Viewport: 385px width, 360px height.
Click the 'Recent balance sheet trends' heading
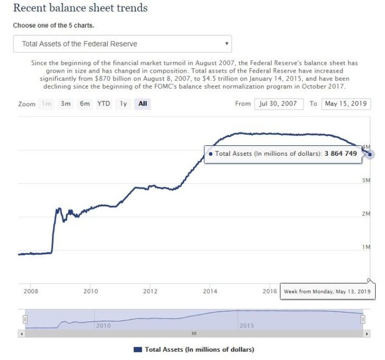pyautogui.click(x=80, y=8)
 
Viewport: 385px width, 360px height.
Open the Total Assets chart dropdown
pyautogui.click(x=122, y=43)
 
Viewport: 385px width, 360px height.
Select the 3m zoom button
pyautogui.click(x=65, y=103)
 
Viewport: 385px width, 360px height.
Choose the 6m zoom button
pyautogui.click(x=85, y=103)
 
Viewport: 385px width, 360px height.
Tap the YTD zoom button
pyautogui.click(x=103, y=103)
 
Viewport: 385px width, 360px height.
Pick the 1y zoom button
pyautogui.click(x=123, y=103)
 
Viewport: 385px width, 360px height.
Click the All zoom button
pyautogui.click(x=142, y=103)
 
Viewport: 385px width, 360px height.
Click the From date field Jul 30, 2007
pyautogui.click(x=278, y=103)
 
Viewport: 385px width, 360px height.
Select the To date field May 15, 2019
pyautogui.click(x=346, y=103)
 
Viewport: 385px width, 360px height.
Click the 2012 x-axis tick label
pyautogui.click(x=150, y=291)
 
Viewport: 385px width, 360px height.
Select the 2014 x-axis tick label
pyautogui.click(x=210, y=291)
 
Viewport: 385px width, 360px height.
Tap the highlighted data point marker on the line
pyautogui.click(x=370, y=154)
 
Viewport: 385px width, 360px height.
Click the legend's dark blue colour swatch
pyautogui.click(x=137, y=350)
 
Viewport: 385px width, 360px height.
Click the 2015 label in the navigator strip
pyautogui.click(x=246, y=326)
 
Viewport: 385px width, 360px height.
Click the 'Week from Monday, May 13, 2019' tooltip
pyautogui.click(x=327, y=291)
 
